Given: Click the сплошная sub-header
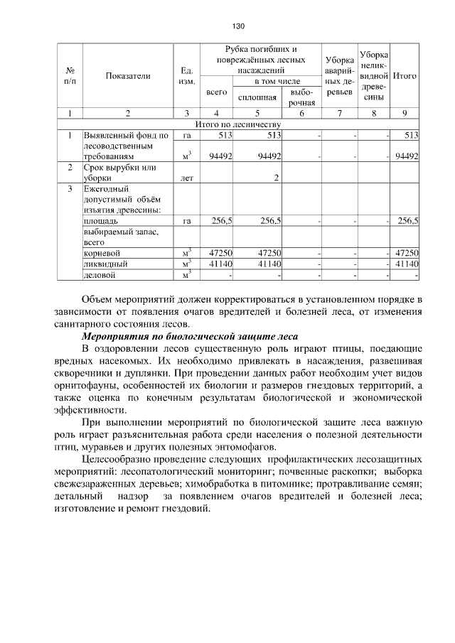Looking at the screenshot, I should coord(257,97).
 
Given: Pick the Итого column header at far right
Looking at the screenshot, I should coord(405,75).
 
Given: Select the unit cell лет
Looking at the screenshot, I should coord(186,178).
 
